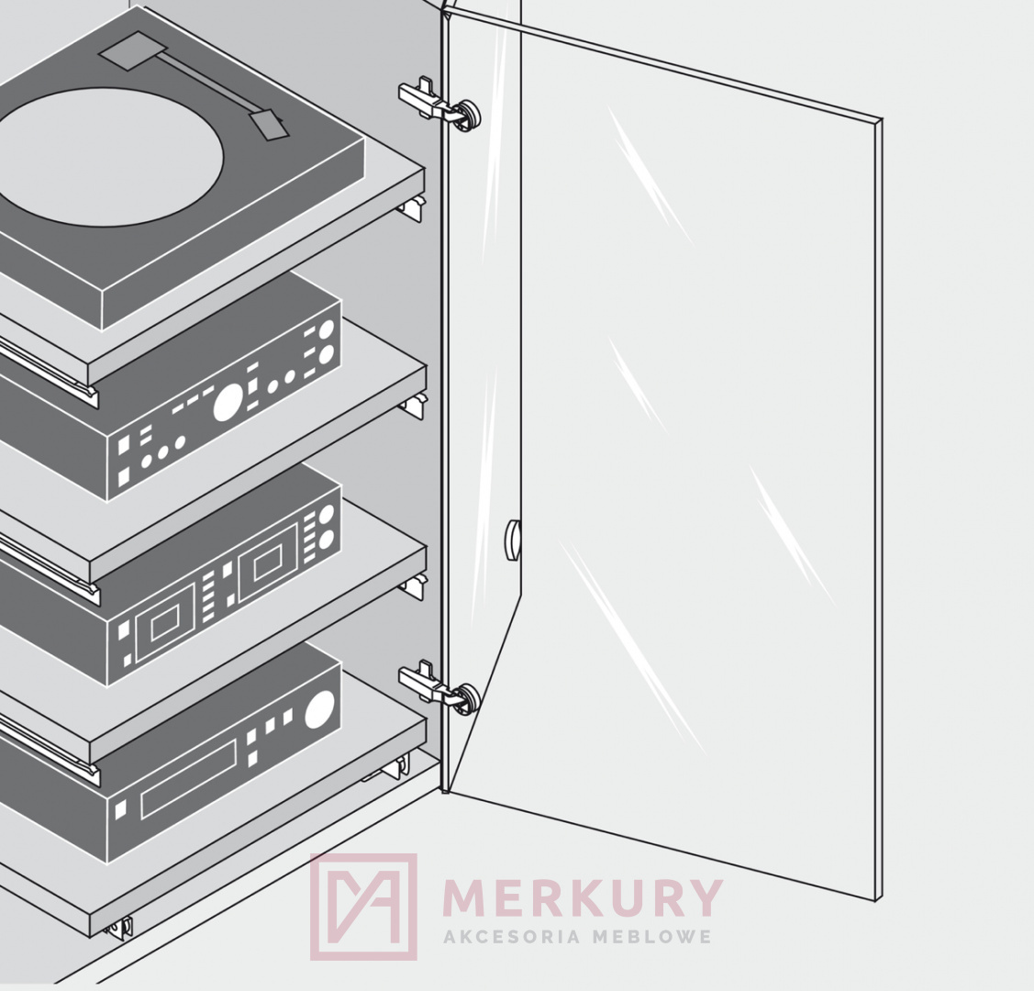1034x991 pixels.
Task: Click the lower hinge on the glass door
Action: click(439, 688)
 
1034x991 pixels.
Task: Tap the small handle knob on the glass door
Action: click(512, 540)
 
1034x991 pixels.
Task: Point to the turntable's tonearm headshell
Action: click(268, 126)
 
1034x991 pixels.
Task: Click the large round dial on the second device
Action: click(228, 403)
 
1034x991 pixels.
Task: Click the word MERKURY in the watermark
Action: click(583, 897)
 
